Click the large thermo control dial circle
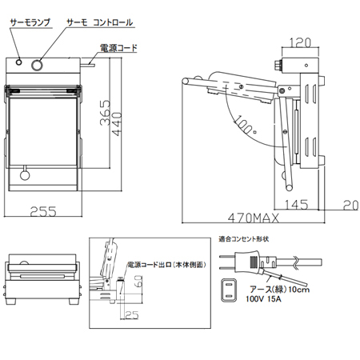click(37, 65)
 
